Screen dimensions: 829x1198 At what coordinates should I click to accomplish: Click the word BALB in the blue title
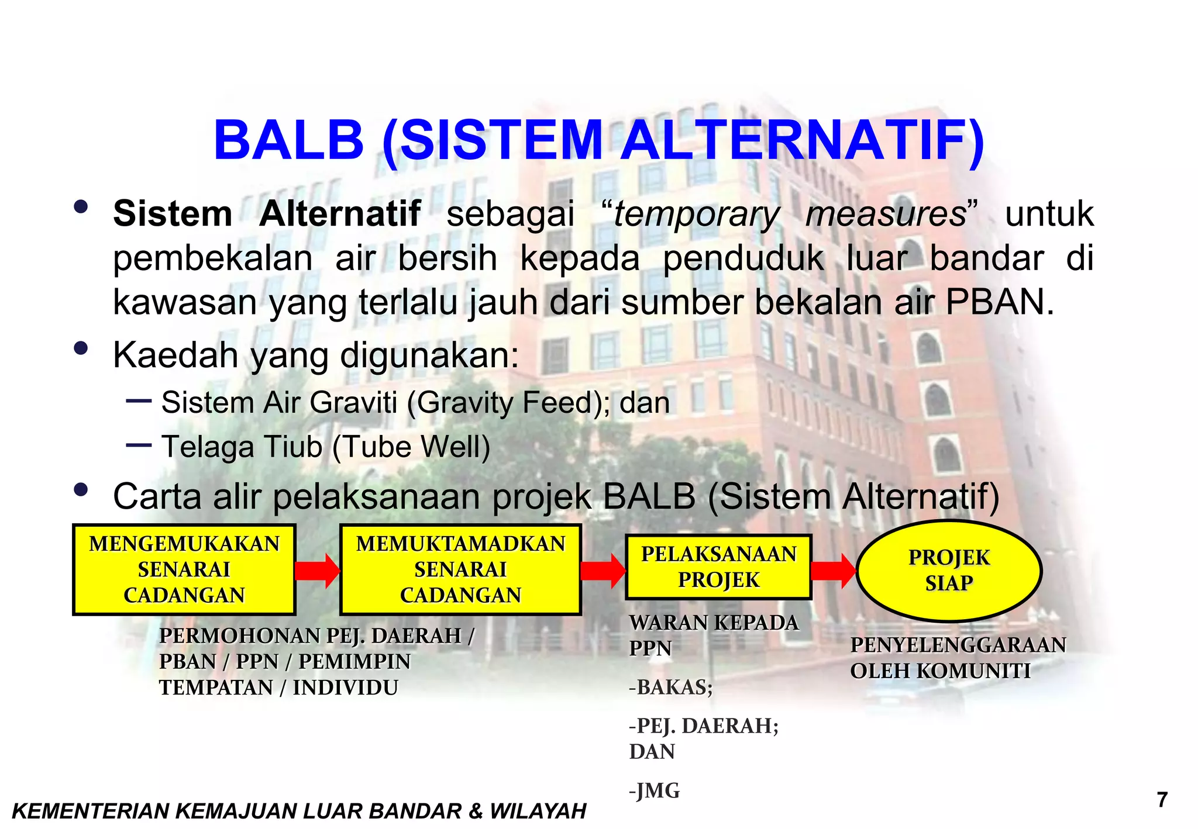pos(289,141)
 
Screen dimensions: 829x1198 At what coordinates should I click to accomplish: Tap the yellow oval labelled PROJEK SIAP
pos(949,571)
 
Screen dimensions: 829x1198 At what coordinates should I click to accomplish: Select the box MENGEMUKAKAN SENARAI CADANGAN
pos(184,569)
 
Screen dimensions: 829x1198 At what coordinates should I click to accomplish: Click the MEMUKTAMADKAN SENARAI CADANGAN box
pos(460,569)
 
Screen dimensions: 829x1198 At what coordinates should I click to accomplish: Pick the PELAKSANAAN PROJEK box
pos(719,567)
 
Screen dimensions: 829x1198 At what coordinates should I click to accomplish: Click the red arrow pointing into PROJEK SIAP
pos(834,570)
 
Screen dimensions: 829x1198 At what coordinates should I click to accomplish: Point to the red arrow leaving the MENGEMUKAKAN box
pos(317,571)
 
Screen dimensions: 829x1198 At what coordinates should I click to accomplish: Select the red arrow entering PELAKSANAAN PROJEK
pos(603,571)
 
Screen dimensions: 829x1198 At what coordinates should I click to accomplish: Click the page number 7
pos(1162,799)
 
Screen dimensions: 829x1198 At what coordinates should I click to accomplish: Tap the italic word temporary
pos(696,214)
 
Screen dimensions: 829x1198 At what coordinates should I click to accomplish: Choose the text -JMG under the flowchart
pos(655,791)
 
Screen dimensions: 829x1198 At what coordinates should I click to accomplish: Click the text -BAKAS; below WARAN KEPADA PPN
pos(671,688)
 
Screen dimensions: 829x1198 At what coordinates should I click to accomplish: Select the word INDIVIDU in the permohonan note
pos(346,688)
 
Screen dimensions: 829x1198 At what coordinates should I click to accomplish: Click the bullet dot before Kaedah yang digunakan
pos(81,349)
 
